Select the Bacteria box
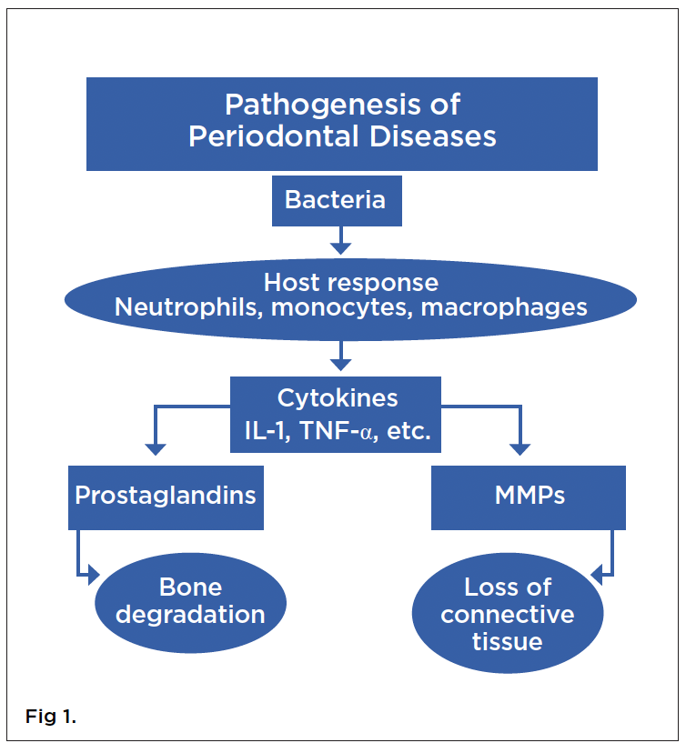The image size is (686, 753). coord(336,200)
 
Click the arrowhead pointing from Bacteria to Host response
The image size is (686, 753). coord(340,246)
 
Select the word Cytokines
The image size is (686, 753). coord(337,398)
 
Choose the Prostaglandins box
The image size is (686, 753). coord(166,497)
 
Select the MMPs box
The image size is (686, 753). coord(528,497)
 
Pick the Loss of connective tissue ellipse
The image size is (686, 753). coord(508,614)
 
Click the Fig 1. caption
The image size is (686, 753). coord(51,718)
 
